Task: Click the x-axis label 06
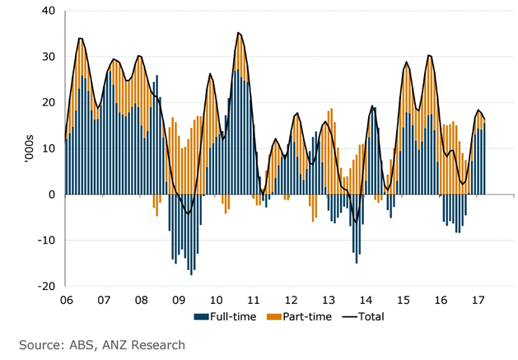tap(66, 301)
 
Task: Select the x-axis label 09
tap(178, 301)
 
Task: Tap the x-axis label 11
tap(253, 301)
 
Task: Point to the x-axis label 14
tap(365, 301)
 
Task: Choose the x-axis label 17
tap(478, 301)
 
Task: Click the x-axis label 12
tap(290, 301)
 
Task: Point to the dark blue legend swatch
tap(198, 316)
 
